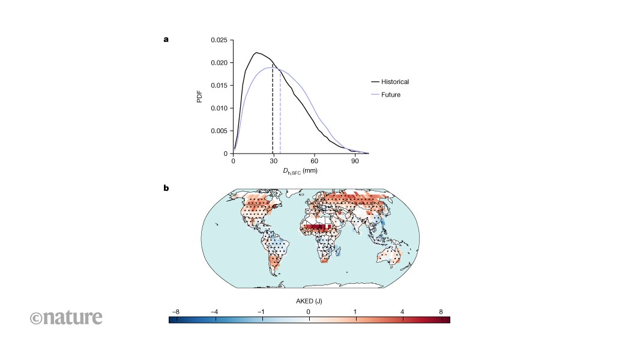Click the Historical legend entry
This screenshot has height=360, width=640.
click(390, 82)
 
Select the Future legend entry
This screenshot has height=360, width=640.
click(385, 95)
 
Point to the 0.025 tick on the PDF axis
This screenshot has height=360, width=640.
click(219, 40)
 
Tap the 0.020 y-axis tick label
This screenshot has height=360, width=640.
click(219, 63)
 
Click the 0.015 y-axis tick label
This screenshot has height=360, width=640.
click(219, 85)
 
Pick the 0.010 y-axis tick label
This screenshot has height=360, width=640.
click(219, 108)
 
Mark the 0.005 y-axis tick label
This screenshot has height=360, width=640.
click(219, 131)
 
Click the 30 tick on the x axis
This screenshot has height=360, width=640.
click(273, 161)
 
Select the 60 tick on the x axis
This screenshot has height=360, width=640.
click(314, 161)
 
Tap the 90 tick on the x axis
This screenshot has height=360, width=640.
click(355, 161)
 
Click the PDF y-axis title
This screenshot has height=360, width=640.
click(199, 97)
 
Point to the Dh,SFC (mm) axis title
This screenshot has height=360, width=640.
click(300, 171)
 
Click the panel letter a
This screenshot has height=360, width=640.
click(166, 40)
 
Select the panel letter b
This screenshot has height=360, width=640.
click(166, 188)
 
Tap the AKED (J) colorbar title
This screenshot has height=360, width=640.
click(309, 301)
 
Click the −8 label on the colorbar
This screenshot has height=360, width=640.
click(175, 312)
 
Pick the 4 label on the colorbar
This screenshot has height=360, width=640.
click(402, 312)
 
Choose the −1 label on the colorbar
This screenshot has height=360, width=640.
click(261, 312)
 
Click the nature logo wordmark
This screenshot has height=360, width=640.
click(66, 317)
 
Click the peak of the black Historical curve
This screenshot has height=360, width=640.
click(256, 53)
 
